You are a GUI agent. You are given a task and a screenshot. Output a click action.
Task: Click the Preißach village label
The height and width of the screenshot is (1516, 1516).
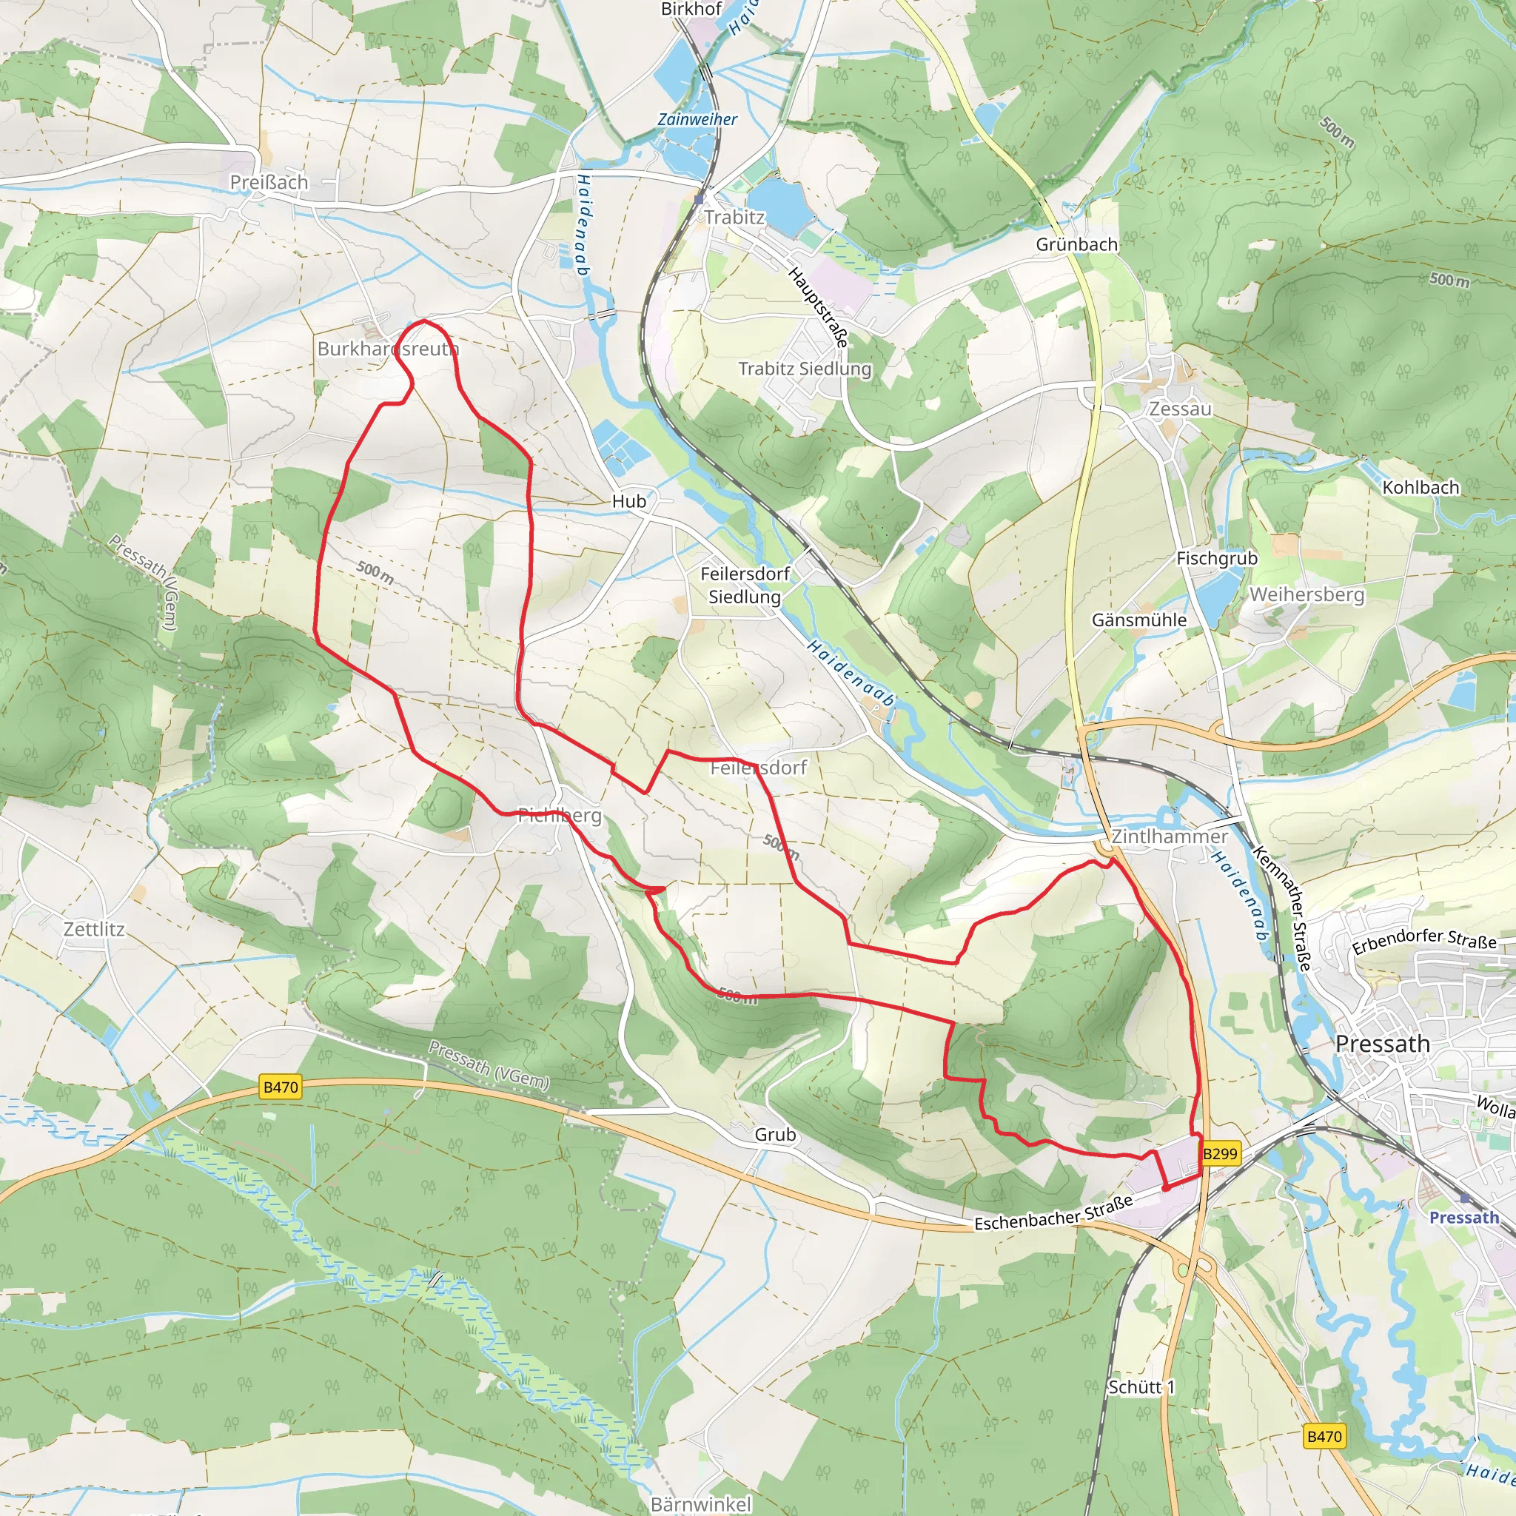(269, 182)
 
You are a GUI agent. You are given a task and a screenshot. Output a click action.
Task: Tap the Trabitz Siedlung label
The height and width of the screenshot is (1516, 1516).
(805, 368)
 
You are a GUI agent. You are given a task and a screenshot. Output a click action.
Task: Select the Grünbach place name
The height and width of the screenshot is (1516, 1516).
(1076, 244)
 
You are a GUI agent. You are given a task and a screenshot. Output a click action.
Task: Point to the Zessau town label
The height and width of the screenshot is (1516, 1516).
(1180, 409)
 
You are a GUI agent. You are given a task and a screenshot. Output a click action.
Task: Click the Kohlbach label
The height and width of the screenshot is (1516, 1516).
(1421, 487)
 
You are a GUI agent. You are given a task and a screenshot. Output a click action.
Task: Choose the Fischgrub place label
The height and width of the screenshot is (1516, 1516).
(1216, 558)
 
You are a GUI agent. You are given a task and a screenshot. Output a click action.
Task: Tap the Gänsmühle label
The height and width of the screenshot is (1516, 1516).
(1139, 620)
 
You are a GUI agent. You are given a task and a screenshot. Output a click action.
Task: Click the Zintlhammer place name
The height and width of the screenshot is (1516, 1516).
(1169, 836)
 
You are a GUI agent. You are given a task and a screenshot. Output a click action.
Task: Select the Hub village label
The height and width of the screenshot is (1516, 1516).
(629, 500)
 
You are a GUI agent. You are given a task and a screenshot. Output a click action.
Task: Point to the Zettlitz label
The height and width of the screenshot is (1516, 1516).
(94, 929)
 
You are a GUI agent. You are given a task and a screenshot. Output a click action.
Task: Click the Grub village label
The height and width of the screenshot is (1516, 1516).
(775, 1135)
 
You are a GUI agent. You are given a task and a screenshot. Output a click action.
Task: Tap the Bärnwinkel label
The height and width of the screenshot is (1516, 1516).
(701, 1503)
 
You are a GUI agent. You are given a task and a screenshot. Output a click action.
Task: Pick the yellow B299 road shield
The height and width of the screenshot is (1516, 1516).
(1220, 1153)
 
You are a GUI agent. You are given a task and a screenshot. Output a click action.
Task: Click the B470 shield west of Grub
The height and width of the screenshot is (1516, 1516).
(281, 1087)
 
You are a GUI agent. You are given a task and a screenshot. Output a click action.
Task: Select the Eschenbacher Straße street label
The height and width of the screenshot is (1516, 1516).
(1053, 1213)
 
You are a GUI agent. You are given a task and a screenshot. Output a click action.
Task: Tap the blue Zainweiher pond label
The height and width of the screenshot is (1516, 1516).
(697, 119)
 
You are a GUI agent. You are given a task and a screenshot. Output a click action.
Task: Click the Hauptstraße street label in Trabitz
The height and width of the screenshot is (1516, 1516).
(819, 306)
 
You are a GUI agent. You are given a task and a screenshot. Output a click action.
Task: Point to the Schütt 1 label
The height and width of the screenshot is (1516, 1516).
(1141, 1387)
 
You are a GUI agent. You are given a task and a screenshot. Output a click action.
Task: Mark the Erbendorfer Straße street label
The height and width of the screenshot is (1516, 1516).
(1424, 940)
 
